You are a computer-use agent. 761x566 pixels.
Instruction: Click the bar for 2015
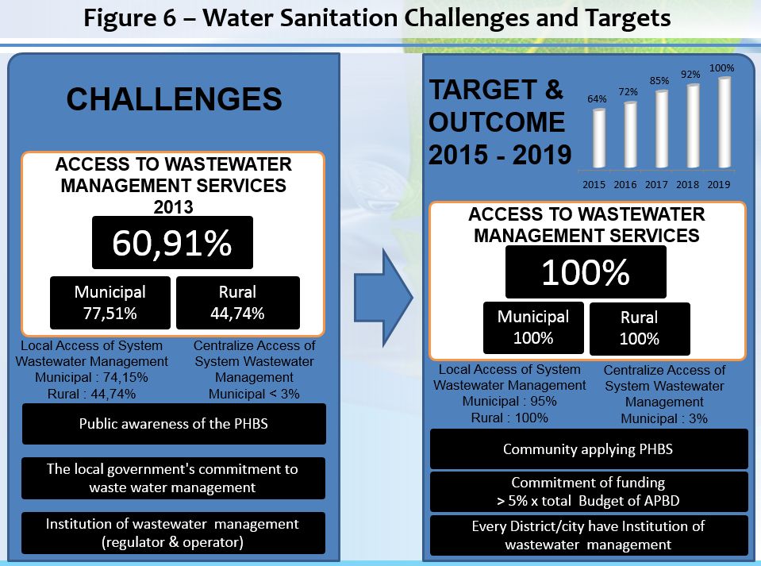coord(599,139)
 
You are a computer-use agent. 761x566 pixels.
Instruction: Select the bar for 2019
coord(724,123)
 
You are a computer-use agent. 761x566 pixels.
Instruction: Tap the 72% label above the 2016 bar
coord(628,92)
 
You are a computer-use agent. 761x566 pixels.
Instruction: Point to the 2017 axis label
coord(656,184)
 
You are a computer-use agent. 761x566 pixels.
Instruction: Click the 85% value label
coord(659,81)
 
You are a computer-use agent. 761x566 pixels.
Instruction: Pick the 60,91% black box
coord(172,243)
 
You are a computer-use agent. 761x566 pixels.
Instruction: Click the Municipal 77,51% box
coord(110,303)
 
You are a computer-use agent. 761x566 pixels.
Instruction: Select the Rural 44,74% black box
coord(238,303)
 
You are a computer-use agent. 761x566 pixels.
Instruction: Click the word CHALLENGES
coord(175,99)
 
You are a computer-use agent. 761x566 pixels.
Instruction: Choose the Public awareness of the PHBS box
coord(174,424)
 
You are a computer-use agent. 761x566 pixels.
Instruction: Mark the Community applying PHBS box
coord(589,449)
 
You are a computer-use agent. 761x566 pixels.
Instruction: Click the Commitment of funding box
coord(589,491)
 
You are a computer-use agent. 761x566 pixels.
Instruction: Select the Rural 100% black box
coord(640,329)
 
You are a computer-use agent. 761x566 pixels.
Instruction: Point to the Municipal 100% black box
coord(533,328)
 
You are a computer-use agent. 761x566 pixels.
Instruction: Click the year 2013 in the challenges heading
coord(173,207)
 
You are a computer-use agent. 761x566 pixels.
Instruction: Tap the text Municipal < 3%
coord(254,394)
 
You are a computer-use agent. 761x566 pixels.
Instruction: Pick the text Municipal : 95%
coord(509,402)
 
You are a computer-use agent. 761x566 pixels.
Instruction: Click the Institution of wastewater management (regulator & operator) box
coord(173,533)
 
